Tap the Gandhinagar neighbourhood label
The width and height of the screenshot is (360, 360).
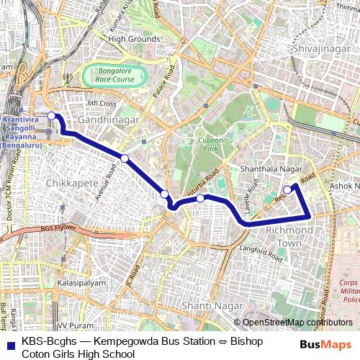tap(108, 120)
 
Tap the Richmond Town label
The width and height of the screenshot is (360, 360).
tap(289, 236)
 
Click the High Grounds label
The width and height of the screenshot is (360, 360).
tap(134, 39)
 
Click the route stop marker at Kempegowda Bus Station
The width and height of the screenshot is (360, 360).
tap(51, 115)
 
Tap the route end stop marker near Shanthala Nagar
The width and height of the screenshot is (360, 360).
tap(287, 189)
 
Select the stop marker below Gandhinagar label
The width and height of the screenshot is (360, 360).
tap(125, 158)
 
